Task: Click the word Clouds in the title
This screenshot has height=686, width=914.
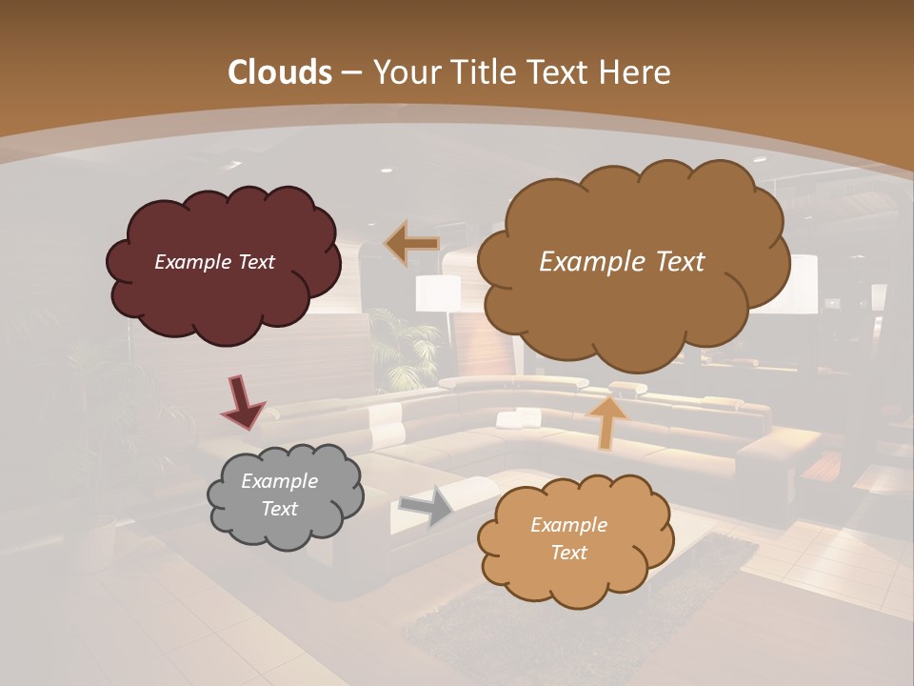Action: tap(280, 72)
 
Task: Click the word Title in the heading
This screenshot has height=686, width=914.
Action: tap(477, 72)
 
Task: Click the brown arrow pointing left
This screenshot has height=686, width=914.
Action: tap(411, 243)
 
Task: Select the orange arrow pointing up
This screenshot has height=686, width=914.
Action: tap(606, 421)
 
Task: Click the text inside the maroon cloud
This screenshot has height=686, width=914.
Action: tap(214, 262)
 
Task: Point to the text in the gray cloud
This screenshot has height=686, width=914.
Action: tap(279, 495)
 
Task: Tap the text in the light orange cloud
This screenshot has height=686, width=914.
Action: tap(568, 538)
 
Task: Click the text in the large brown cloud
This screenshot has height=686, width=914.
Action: tap(622, 262)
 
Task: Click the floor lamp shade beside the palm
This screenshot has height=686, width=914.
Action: tap(437, 293)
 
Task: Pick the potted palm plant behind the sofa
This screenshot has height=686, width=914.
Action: tap(400, 348)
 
